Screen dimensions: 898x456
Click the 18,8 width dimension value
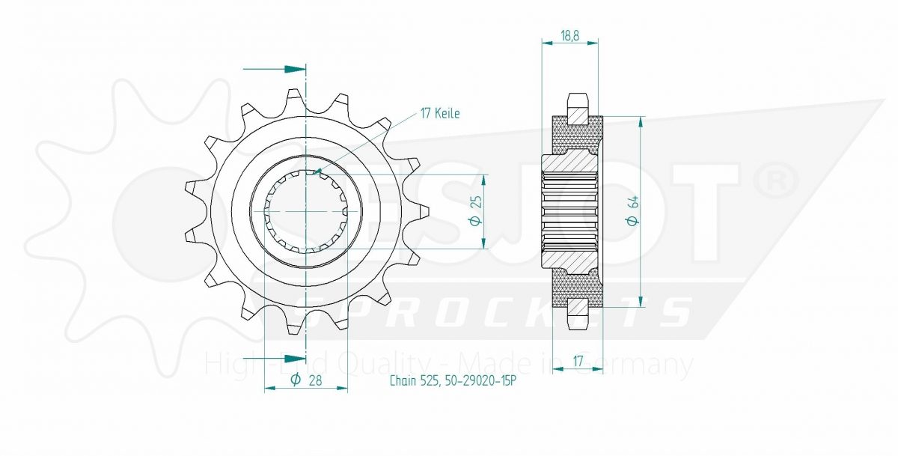click(x=569, y=36)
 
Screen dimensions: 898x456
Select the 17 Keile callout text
click(x=440, y=114)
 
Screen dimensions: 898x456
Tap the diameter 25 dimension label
click(x=477, y=211)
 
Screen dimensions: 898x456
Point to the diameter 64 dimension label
click(x=633, y=211)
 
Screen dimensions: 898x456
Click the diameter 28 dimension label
click(x=306, y=380)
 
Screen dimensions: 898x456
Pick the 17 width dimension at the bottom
click(x=578, y=362)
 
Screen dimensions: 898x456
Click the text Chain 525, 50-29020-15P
click(x=453, y=380)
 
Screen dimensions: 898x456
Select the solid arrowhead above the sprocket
click(x=295, y=69)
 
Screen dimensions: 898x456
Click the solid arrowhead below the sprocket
click(x=295, y=358)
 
